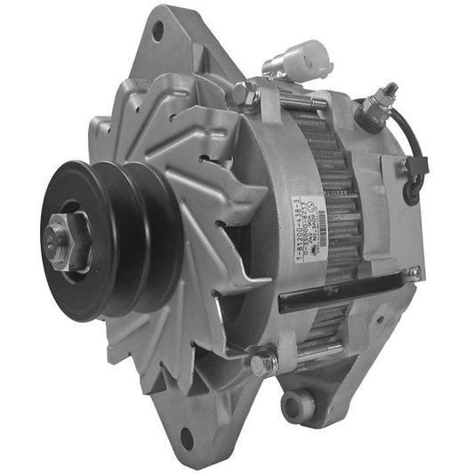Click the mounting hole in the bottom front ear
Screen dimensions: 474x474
[x=186, y=438]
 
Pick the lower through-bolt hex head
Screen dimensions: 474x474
[x=263, y=362]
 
